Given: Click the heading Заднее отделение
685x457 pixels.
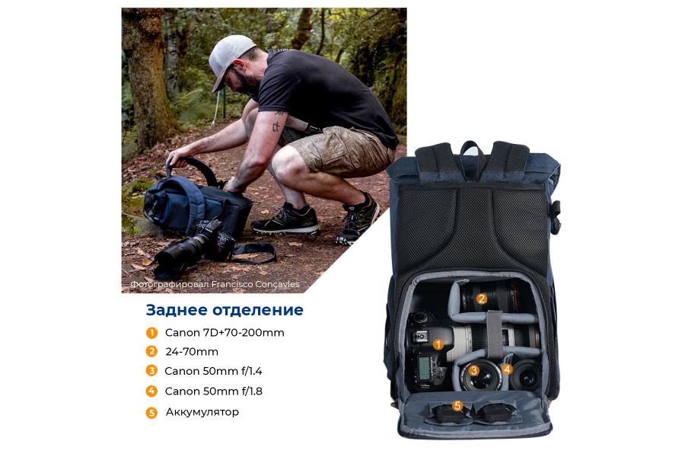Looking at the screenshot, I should point(225,310).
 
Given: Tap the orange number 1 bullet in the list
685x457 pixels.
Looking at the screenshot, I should point(152,333).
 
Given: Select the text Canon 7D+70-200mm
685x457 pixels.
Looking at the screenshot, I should point(225,333).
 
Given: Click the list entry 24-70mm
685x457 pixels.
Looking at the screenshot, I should point(192,352).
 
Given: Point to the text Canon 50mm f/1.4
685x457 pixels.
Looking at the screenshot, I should point(213,372).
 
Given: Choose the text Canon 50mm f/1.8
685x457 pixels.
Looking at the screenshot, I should point(213,391).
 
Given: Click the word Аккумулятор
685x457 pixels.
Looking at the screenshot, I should point(202,412).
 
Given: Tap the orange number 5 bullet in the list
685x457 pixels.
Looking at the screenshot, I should point(152,413).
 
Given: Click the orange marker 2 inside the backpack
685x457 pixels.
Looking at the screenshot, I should point(482,299).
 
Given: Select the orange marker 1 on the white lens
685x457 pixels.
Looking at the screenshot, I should point(438,344).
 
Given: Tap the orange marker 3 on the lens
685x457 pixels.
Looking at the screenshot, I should point(473,371).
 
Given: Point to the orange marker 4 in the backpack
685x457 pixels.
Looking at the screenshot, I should point(507,369).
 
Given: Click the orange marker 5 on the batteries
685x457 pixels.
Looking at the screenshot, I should point(457,406).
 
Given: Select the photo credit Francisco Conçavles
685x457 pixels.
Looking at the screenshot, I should point(215,285).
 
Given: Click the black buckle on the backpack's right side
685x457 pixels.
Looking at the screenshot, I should point(556,217).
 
